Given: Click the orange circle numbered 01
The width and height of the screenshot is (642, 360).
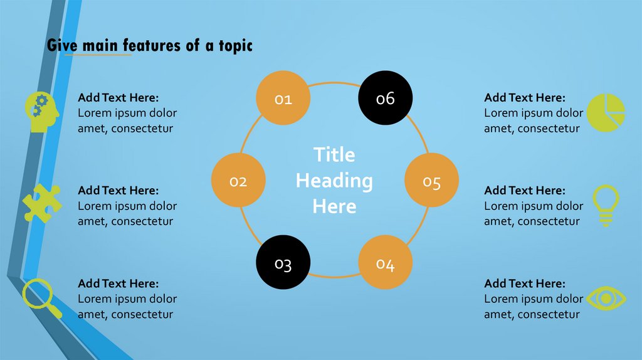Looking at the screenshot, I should pos(283,98).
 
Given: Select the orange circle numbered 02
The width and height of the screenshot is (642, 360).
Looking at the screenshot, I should pos(238,181).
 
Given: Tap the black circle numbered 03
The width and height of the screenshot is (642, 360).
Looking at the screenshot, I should pos(283,263).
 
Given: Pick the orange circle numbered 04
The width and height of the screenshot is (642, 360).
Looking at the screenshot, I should pos(385,263).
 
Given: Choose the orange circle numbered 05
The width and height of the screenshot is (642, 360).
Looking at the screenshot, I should pos(431,181).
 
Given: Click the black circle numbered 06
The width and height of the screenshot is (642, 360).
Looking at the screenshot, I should pos(385,98).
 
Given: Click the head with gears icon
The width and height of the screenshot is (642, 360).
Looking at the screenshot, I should pos(42,112).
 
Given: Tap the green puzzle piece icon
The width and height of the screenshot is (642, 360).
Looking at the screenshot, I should pos(41,203).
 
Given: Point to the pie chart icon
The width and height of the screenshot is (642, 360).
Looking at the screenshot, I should pos(606,112).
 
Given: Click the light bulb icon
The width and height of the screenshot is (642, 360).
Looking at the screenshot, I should pos(606,204).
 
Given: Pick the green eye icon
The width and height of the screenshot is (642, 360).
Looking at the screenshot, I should pos(605,299).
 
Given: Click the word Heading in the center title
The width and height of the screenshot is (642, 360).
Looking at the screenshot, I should pos(334,181).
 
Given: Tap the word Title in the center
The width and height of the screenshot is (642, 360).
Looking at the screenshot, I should pos(334,155).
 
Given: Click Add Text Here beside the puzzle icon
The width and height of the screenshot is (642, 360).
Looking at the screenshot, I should pos(118,190).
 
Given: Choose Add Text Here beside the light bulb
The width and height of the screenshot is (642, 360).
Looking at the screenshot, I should pos(524,190).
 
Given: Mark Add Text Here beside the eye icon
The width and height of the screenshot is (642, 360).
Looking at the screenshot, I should pos(524,283).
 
